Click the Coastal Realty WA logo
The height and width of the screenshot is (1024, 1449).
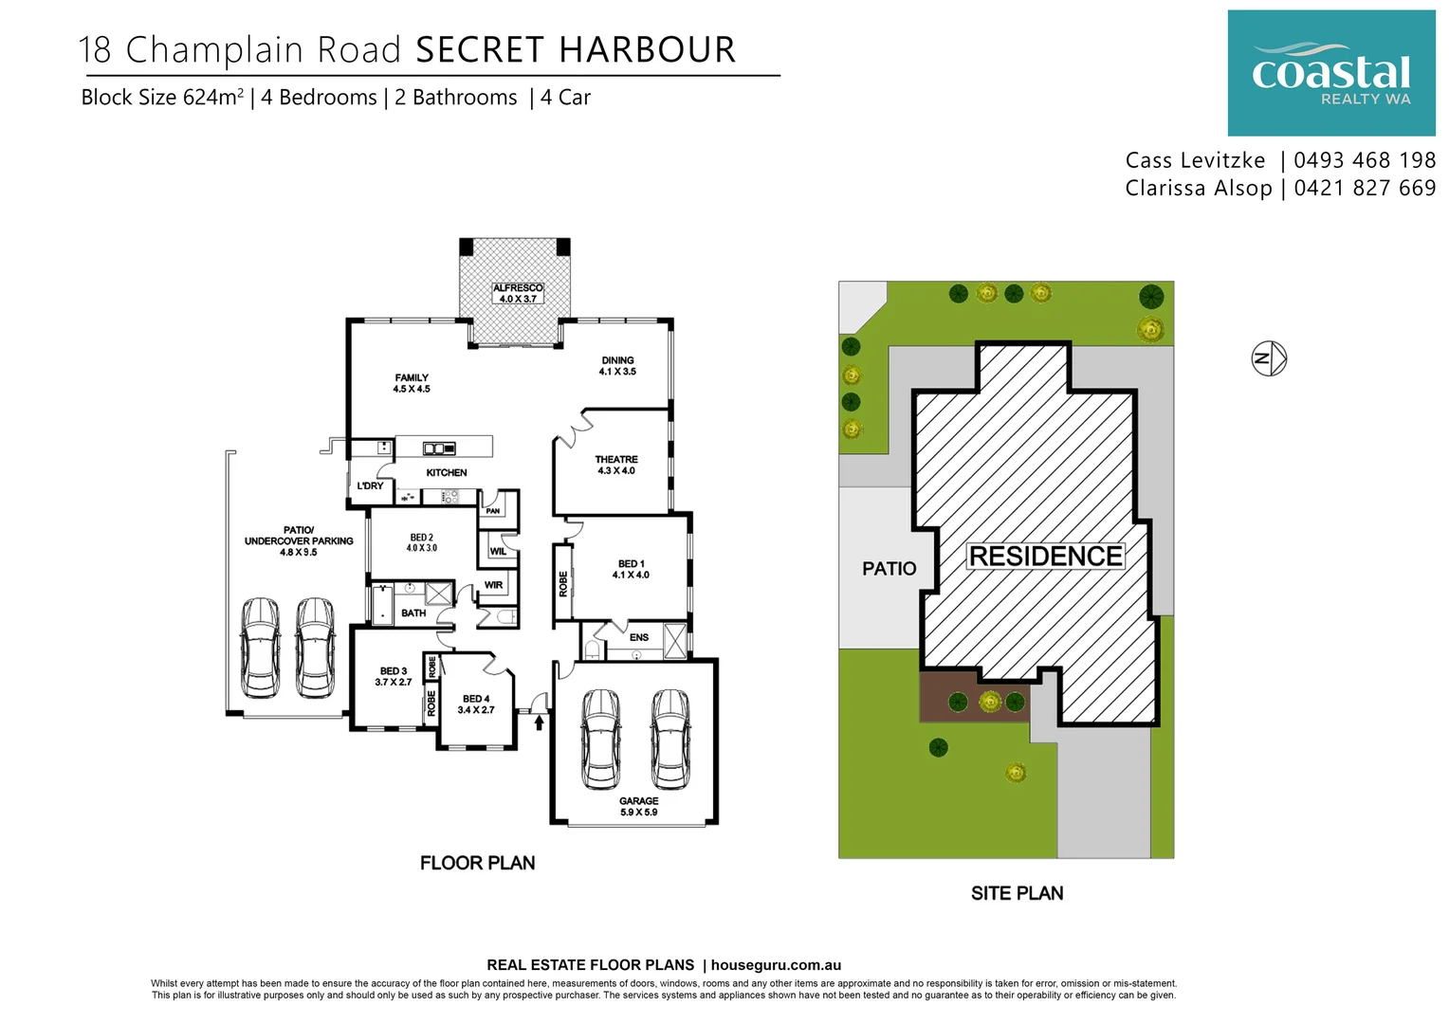[1330, 73]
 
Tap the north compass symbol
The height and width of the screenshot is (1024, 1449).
[1268, 358]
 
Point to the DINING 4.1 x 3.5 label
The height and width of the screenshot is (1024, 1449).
[617, 366]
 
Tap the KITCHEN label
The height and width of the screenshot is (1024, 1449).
[447, 472]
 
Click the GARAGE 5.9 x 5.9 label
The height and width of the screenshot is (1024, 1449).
[638, 807]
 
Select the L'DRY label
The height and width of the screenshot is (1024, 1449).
[370, 486]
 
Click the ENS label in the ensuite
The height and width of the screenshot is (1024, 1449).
[639, 637]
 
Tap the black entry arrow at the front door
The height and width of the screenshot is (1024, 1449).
[540, 723]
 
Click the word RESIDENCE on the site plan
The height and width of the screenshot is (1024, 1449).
[1045, 556]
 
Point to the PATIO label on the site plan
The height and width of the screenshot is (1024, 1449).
[889, 569]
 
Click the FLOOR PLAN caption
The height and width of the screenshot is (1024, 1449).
[477, 863]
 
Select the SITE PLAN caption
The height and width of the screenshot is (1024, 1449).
[1017, 893]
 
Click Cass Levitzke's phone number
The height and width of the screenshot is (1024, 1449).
[1365, 160]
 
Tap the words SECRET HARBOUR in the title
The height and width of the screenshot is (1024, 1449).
[576, 50]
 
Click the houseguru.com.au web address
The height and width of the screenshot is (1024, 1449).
[776, 965]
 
